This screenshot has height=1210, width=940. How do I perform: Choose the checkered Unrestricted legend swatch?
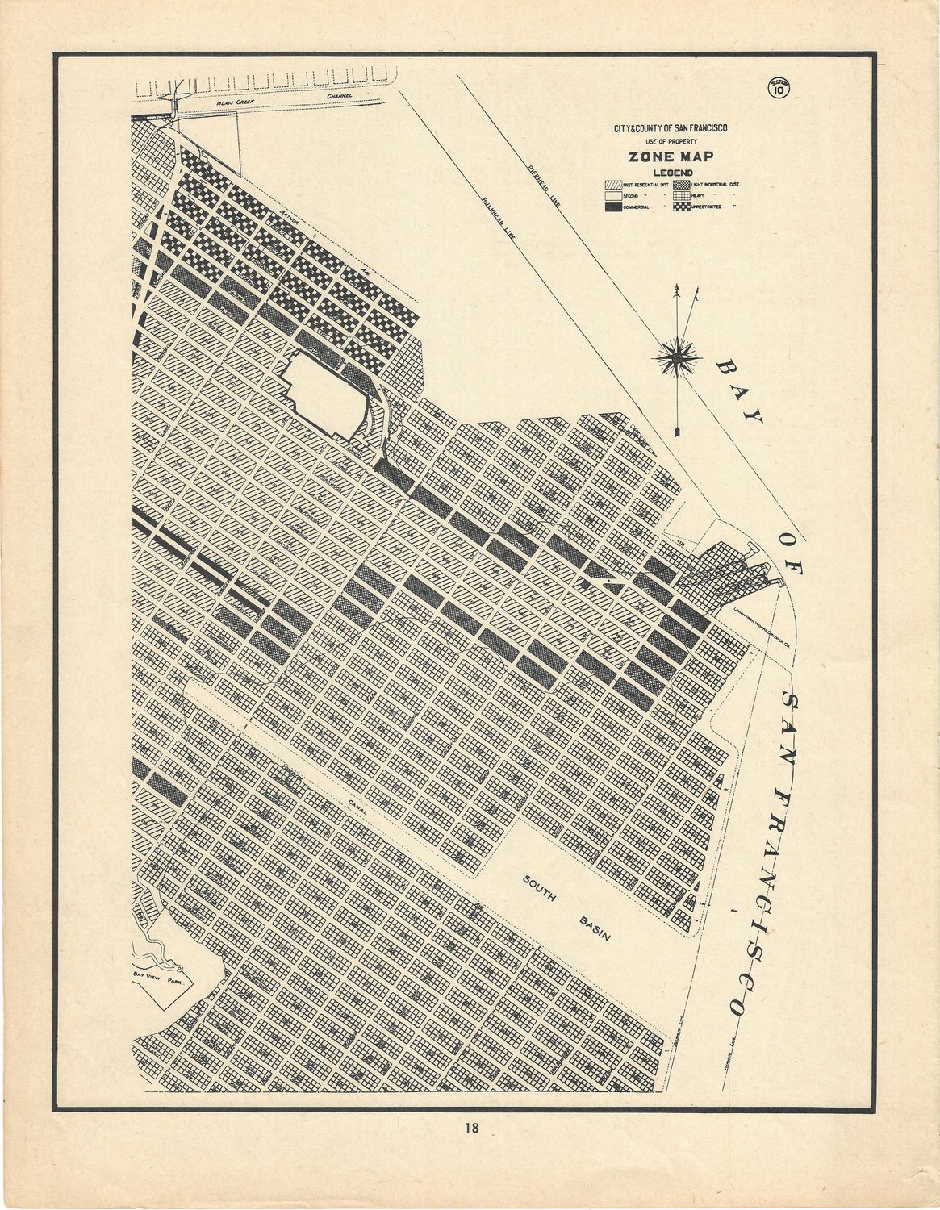tap(684, 207)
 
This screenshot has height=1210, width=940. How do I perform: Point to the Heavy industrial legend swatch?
tap(684, 195)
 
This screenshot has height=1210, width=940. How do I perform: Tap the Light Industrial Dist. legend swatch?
tap(684, 184)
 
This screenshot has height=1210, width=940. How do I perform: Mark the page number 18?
tap(470, 1129)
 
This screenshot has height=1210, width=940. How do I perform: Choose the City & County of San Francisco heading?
tap(665, 127)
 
